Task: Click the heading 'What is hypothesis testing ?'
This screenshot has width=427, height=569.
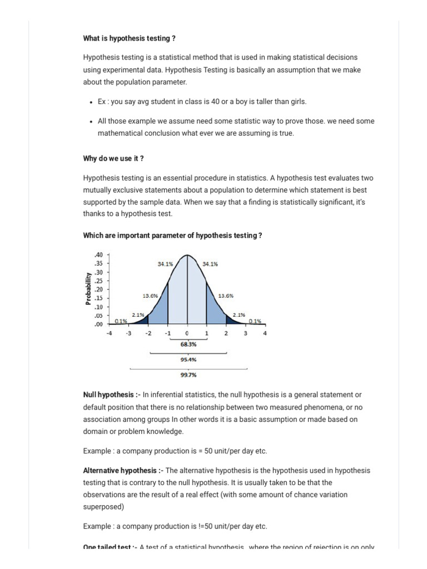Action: click(x=129, y=38)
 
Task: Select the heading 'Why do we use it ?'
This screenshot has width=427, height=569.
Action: click(x=113, y=158)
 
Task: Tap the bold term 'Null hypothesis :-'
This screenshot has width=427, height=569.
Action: click(x=111, y=395)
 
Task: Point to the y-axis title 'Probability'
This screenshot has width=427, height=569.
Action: click(x=88, y=288)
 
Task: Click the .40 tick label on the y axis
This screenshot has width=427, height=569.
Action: click(x=99, y=255)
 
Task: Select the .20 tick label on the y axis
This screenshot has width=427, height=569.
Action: click(x=99, y=290)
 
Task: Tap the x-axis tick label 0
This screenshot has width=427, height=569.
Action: click(x=187, y=333)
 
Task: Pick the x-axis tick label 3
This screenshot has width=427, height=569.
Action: click(x=245, y=333)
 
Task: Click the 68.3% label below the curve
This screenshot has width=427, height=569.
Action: click(x=187, y=344)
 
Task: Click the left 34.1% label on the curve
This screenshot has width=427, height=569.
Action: click(x=166, y=264)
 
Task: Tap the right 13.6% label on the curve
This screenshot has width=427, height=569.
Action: click(x=226, y=296)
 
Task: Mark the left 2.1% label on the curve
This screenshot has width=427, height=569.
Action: click(x=138, y=315)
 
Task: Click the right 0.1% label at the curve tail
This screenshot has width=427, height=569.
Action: click(x=255, y=321)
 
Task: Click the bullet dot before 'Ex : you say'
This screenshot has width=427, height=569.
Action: click(x=91, y=102)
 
